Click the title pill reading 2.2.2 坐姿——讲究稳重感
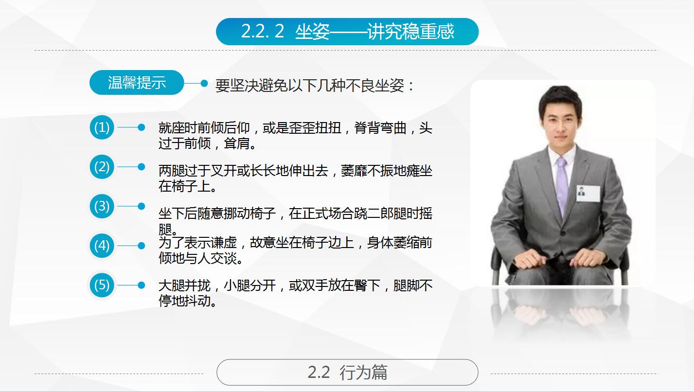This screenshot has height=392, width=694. coord(347,32)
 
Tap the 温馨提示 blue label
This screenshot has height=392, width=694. coord(137,83)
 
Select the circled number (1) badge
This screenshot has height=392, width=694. coord(102,127)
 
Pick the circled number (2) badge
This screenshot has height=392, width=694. coord(102,167)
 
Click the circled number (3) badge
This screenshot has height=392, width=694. coord(102,206)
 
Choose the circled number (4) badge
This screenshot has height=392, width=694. coord(102,246)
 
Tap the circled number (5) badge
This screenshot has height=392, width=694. coord(102,285)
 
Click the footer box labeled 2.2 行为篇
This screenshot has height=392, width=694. coord(347,373)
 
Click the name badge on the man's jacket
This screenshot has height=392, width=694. coord(582,192)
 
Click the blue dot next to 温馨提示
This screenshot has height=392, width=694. coord(204,83)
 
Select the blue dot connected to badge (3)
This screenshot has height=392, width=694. coord(142,206)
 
